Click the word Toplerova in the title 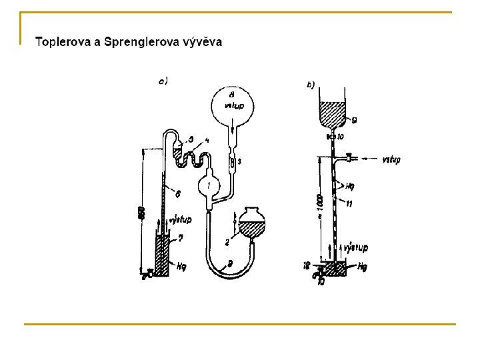pyautogui.click(x=63, y=42)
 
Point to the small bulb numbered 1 pyautogui.click(x=211, y=185)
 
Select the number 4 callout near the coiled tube pyautogui.click(x=207, y=141)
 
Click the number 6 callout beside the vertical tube pyautogui.click(x=177, y=193)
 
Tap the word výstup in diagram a pyautogui.click(x=181, y=219)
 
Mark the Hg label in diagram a pyautogui.click(x=182, y=266)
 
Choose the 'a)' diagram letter pyautogui.click(x=162, y=82)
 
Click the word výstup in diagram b pyautogui.click(x=356, y=248)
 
